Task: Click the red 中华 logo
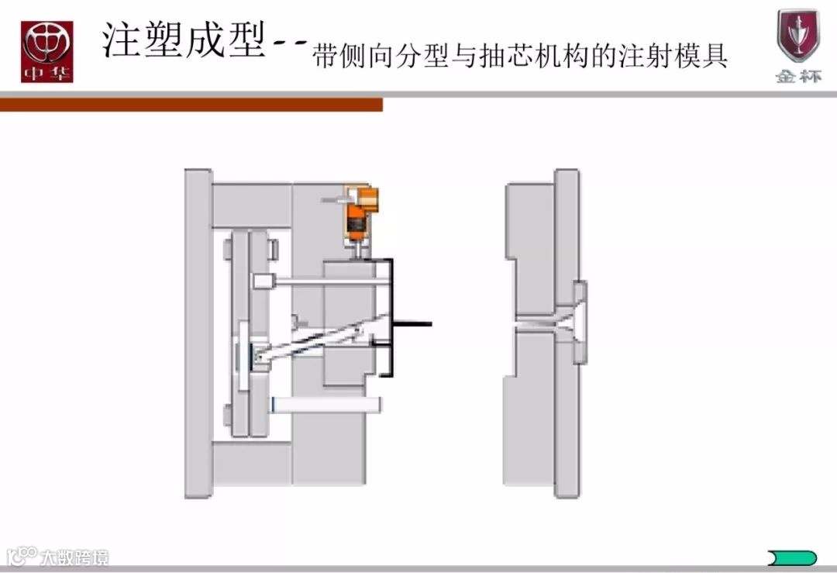[x=47, y=51]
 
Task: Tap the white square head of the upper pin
[x=263, y=281]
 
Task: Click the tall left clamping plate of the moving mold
[x=197, y=333]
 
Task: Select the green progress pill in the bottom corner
[x=791, y=557]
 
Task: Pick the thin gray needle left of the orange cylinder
[x=336, y=200]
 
